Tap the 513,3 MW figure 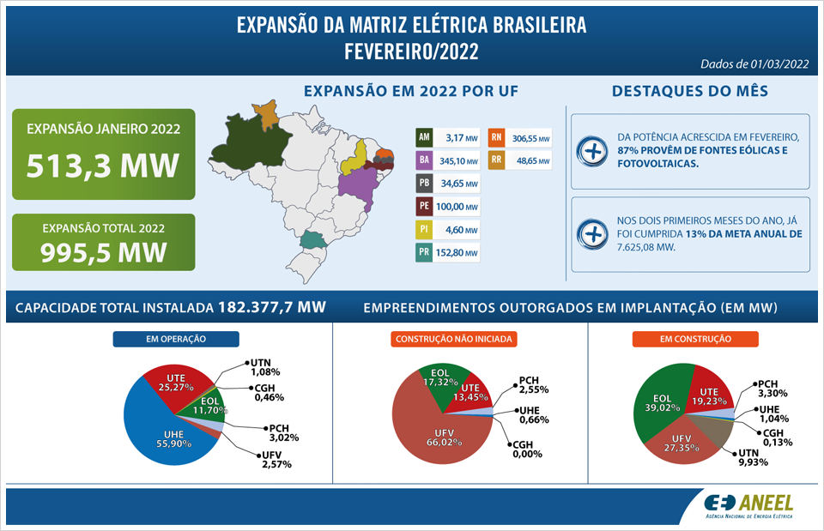103,165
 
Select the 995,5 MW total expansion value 103,253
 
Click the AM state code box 423,137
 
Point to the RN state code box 496,137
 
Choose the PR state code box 423,253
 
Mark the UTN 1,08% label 267,367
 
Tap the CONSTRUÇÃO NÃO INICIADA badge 454,339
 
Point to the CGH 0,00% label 525,450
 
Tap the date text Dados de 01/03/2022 754,63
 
